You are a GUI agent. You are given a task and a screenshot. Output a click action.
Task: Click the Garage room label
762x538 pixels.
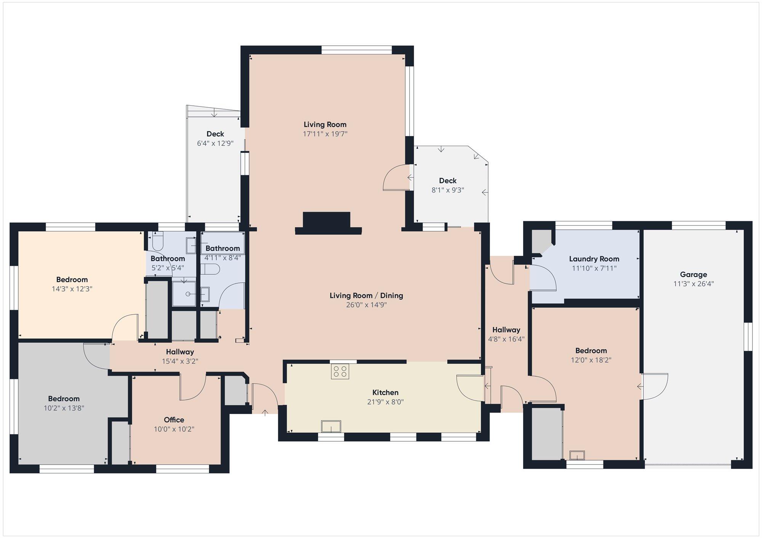(x=693, y=274)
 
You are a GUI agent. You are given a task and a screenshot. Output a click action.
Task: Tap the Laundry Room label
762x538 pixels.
(x=594, y=259)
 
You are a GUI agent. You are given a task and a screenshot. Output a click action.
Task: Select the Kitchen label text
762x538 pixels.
(x=385, y=392)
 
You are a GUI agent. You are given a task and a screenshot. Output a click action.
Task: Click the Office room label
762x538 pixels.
(x=174, y=420)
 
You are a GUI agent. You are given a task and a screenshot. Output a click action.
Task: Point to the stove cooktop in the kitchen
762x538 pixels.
(x=340, y=371)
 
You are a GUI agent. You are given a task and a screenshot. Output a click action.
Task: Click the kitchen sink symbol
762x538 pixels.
(x=331, y=427)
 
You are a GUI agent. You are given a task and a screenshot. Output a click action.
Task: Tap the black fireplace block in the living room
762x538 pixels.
(x=328, y=223)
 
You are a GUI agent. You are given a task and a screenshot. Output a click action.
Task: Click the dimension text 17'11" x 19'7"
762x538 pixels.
(x=325, y=134)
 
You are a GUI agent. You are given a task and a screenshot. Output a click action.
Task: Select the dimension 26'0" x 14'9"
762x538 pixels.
(x=367, y=305)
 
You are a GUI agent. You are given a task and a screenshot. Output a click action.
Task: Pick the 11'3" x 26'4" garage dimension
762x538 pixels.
(x=693, y=284)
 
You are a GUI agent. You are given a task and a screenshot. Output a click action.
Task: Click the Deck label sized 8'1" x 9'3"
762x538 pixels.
(x=448, y=181)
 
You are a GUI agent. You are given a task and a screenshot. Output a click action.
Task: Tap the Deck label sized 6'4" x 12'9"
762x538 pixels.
(x=215, y=134)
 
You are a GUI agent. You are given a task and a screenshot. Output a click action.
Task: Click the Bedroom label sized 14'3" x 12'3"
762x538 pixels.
(x=72, y=280)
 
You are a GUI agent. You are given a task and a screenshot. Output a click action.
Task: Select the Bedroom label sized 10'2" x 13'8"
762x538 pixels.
(x=64, y=399)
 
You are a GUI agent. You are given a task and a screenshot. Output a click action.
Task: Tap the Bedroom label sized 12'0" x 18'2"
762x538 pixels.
(x=591, y=351)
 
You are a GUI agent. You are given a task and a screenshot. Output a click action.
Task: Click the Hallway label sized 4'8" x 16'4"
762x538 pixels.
(x=506, y=330)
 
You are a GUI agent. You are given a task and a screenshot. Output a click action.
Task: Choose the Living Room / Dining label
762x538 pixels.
(x=366, y=296)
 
